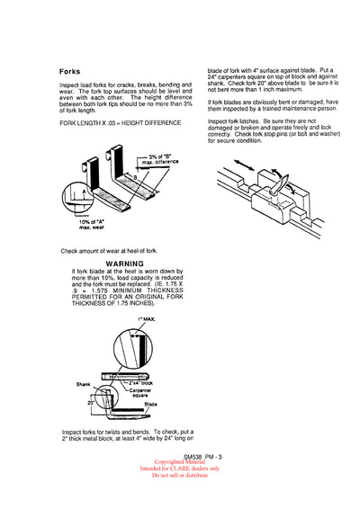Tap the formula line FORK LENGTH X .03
click(x=120, y=121)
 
